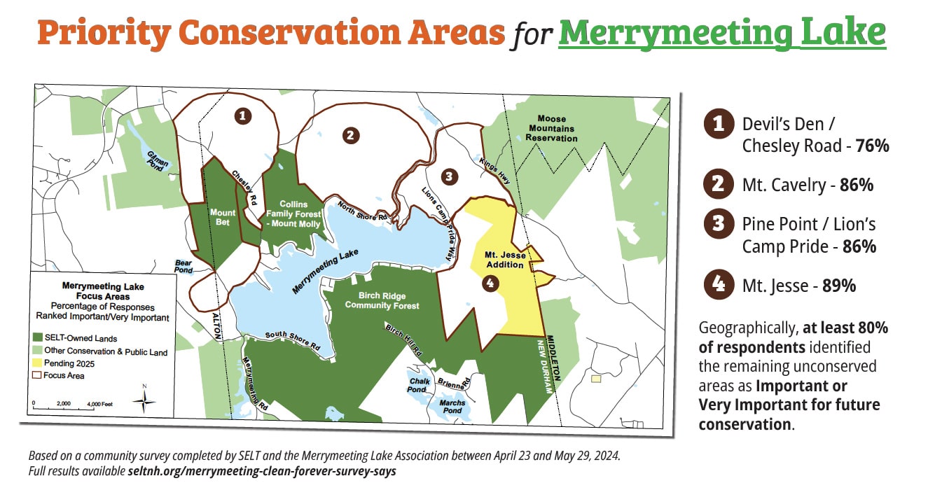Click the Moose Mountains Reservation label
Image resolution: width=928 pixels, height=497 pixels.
coord(552,129)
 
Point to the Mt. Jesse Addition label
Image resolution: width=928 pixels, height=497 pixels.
coord(504,260)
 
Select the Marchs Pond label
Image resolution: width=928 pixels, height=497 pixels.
coord(452,407)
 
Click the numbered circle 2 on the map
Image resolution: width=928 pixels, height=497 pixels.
coord(352,135)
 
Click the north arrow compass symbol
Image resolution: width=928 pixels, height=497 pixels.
coord(145,400)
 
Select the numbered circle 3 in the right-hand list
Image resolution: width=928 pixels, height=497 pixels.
coord(718,224)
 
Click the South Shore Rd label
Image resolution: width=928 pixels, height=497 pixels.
coord(293,341)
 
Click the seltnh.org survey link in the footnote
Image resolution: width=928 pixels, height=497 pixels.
coord(262,471)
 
